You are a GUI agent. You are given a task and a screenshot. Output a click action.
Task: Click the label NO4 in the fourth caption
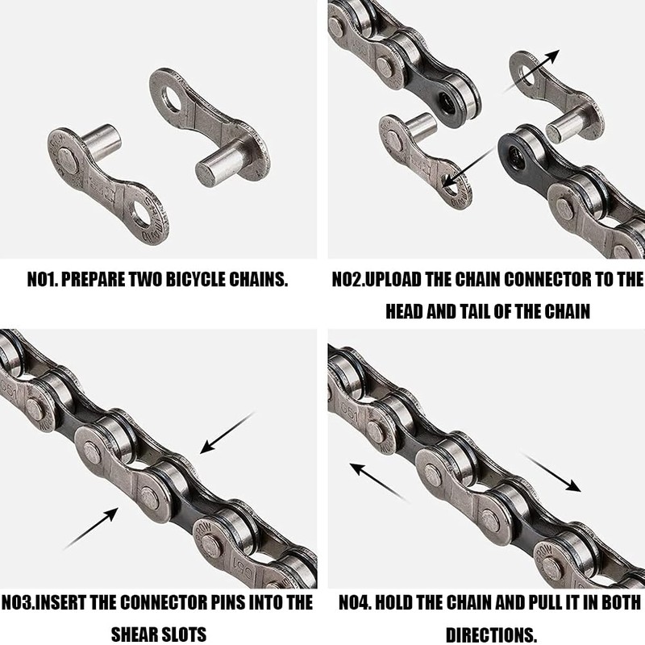pyautogui.click(x=348, y=602)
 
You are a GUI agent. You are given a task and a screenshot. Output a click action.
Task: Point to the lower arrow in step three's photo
pyautogui.click(x=89, y=527)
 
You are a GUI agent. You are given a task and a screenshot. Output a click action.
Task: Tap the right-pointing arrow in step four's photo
pyautogui.click(x=552, y=472)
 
